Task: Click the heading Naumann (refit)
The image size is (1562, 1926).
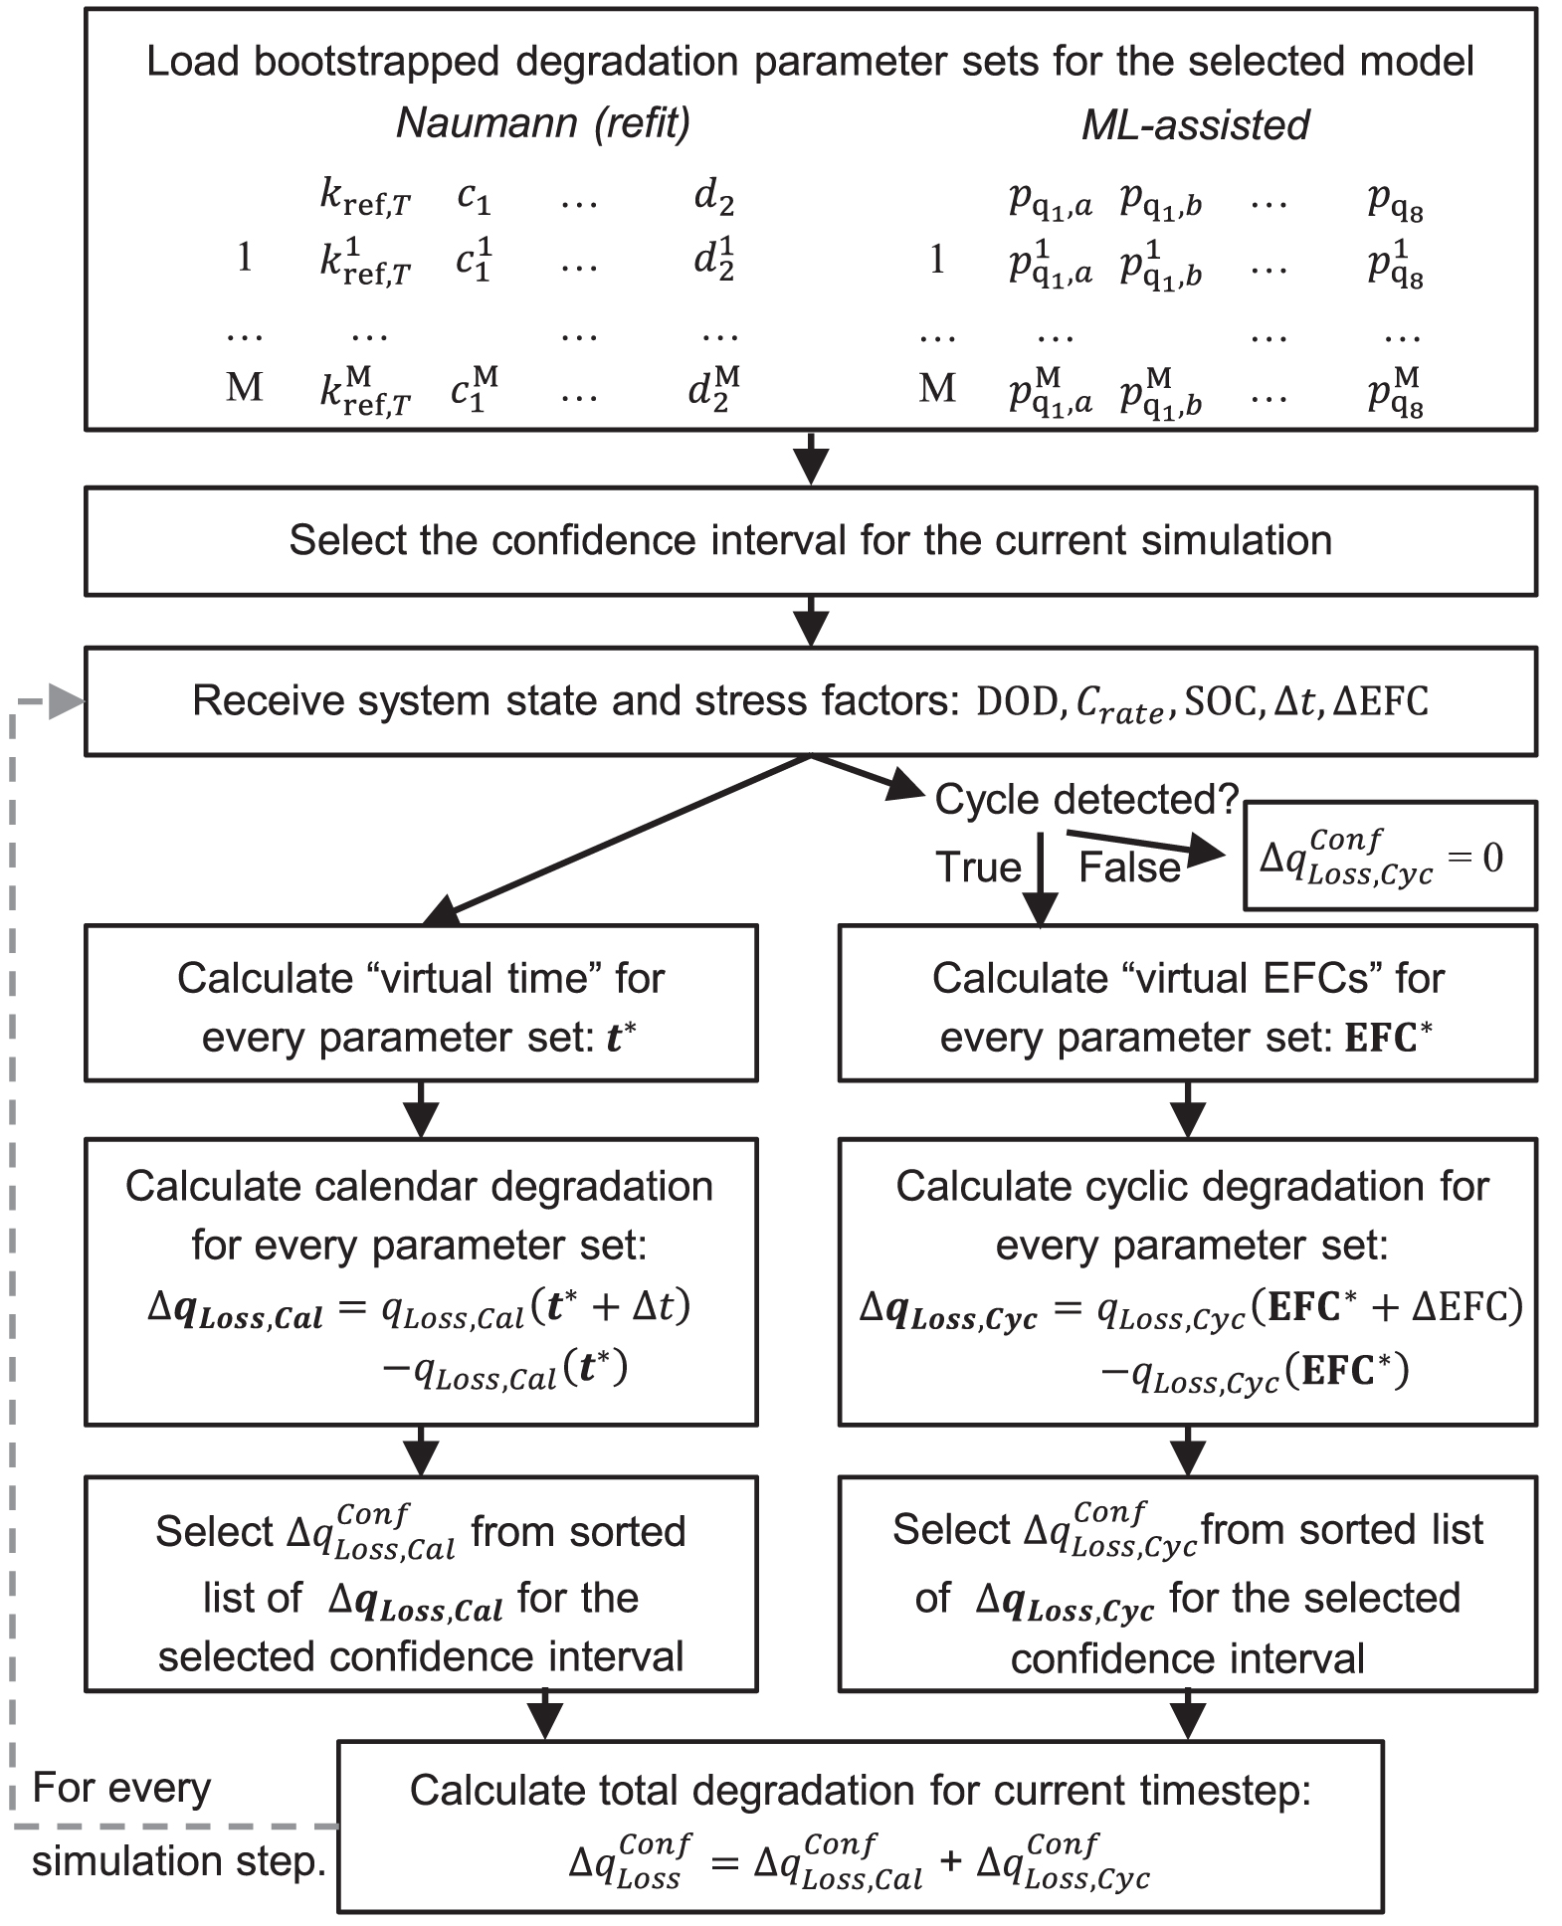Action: [542, 123]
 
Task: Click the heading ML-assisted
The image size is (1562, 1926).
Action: [1194, 125]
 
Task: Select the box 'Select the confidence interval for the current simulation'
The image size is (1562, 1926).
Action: [810, 540]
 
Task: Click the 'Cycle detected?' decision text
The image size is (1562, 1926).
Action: [1085, 799]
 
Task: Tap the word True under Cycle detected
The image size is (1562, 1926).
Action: [977, 867]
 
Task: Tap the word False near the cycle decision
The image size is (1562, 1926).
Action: [1128, 867]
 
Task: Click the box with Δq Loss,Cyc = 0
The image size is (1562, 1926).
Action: [1389, 857]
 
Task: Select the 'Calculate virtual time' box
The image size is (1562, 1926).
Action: [421, 1003]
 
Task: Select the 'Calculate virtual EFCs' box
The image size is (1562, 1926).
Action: [1187, 1003]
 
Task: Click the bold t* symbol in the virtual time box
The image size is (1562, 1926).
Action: [621, 1038]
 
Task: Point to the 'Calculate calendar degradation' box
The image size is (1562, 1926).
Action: [421, 1280]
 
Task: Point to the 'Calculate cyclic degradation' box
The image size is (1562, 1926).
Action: [1187, 1280]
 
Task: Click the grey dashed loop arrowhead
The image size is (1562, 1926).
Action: [66, 701]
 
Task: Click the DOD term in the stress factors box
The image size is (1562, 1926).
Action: [1015, 702]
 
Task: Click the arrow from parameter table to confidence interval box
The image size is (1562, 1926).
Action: [812, 459]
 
